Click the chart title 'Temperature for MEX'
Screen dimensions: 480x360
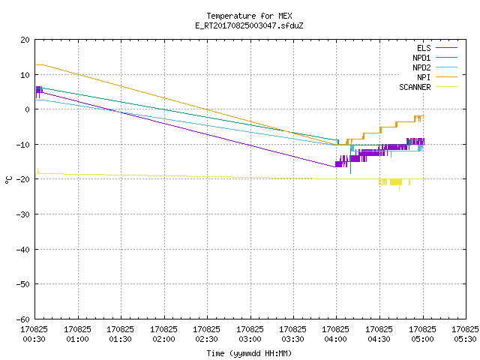pos(249,16)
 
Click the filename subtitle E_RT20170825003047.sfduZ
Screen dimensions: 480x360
pos(249,25)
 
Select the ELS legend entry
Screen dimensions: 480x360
pos(437,48)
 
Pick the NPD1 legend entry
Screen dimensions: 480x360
pos(435,58)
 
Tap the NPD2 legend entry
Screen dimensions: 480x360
pos(435,67)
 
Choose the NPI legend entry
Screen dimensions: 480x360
pos(437,77)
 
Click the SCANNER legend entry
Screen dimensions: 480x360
pos(428,87)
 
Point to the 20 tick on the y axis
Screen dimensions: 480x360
pos(25,40)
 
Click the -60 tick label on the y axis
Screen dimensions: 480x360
pos(23,319)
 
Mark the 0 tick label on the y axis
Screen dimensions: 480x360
pos(28,109)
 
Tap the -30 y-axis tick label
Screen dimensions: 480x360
pos(23,214)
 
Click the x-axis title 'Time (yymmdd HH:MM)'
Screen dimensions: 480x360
pos(249,353)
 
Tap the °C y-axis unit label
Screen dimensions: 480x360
pos(8,180)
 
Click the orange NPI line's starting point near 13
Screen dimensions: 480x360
pos(37,65)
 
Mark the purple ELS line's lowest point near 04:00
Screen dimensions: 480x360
pos(335,166)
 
